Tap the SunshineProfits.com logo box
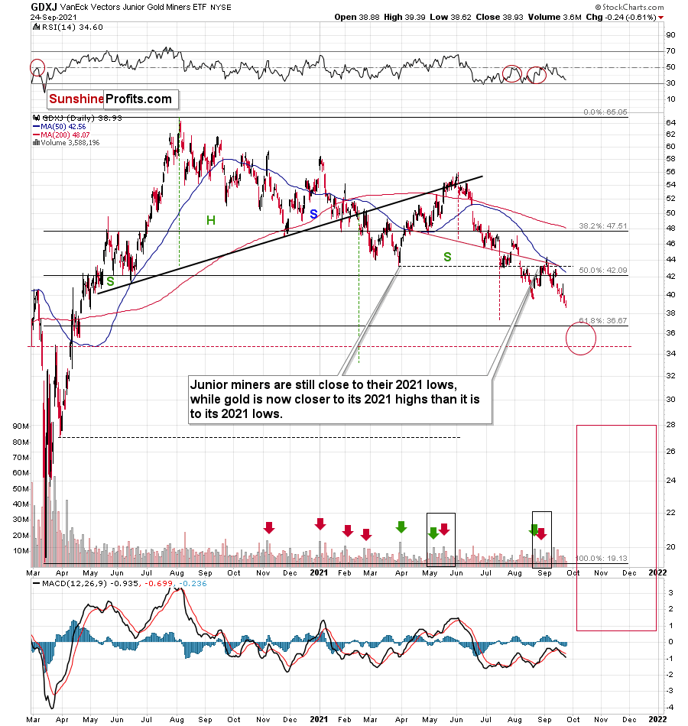pyautogui.click(x=111, y=99)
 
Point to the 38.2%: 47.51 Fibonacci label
pyautogui.click(x=602, y=226)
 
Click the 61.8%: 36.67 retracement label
pyautogui.click(x=602, y=321)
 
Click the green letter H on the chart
pyautogui.click(x=209, y=220)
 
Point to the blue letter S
pyautogui.click(x=313, y=213)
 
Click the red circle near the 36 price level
pyautogui.click(x=581, y=337)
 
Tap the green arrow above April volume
pyautogui.click(x=401, y=526)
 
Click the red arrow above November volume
pyautogui.click(x=268, y=527)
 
